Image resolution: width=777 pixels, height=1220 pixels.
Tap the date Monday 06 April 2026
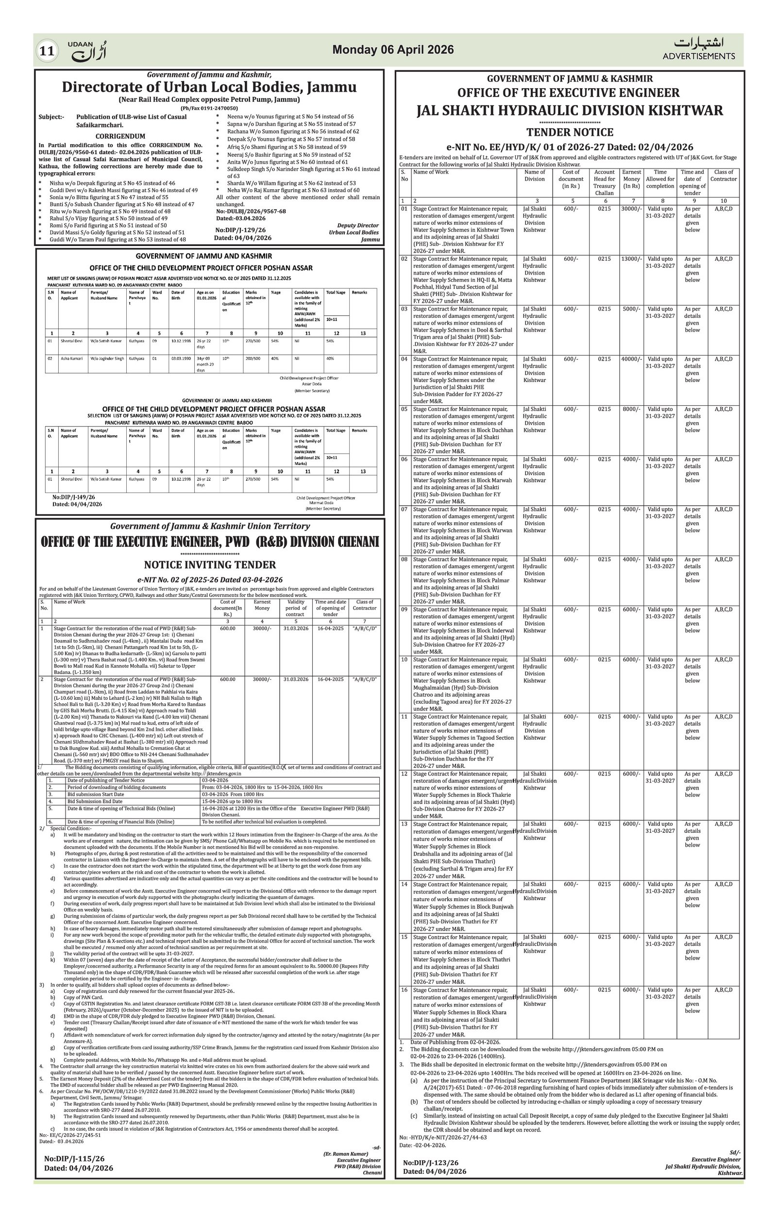(x=393, y=49)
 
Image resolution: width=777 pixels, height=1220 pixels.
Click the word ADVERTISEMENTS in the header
(x=698, y=56)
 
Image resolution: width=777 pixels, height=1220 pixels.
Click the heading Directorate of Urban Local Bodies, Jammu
(x=209, y=87)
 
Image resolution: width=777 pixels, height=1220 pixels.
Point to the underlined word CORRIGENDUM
(x=120, y=136)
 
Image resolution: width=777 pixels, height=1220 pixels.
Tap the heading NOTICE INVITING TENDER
(x=210, y=565)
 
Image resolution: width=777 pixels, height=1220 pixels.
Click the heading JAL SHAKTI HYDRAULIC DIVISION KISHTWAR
(x=570, y=111)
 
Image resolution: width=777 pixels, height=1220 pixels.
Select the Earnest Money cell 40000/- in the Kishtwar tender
(x=631, y=359)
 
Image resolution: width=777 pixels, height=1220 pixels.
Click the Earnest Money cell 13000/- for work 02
(x=631, y=259)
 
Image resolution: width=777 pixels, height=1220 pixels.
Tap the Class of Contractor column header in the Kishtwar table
(x=723, y=175)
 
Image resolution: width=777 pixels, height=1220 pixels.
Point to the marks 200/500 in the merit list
(x=253, y=359)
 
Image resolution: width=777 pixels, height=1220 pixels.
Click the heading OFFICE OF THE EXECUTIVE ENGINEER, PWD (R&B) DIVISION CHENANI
(x=210, y=543)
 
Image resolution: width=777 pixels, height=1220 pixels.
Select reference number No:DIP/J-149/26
(x=73, y=497)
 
